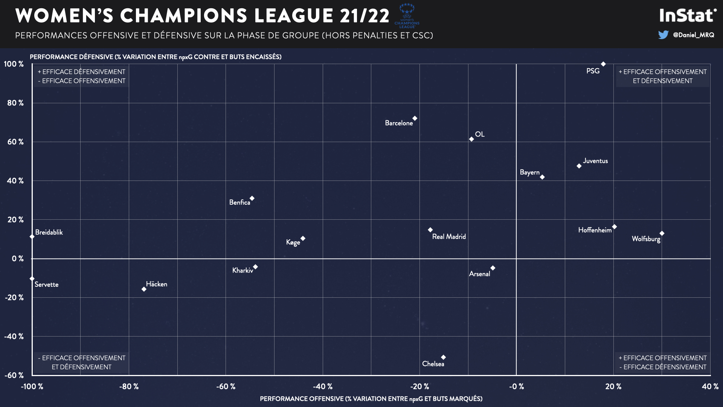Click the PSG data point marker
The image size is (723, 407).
pyautogui.click(x=603, y=64)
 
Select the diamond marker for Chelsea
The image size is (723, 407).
pyautogui.click(x=443, y=357)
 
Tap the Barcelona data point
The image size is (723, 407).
pyautogui.click(x=415, y=118)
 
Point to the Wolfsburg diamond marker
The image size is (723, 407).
pyautogui.click(x=662, y=233)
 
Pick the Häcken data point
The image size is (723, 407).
pyautogui.click(x=144, y=289)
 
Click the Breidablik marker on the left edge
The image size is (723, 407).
pyautogui.click(x=32, y=237)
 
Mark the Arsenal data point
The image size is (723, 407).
pyautogui.click(x=493, y=268)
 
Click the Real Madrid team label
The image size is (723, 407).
pyautogui.click(x=449, y=237)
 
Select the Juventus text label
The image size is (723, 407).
pyautogui.click(x=595, y=161)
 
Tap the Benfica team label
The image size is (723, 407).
pyautogui.click(x=239, y=202)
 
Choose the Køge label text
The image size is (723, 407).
pyautogui.click(x=293, y=242)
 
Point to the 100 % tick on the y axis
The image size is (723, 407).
pyautogui.click(x=14, y=64)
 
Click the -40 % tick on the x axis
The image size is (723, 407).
pyautogui.click(x=323, y=386)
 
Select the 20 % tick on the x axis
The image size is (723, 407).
pyautogui.click(x=613, y=386)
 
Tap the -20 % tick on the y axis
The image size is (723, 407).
pyautogui.click(x=14, y=297)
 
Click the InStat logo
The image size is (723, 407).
pyautogui.click(x=688, y=15)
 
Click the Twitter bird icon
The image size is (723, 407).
pyautogui.click(x=663, y=35)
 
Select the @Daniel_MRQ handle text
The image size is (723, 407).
pyautogui.click(x=693, y=35)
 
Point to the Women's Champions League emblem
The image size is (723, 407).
pyautogui.click(x=407, y=15)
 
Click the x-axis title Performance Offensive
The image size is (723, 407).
pyautogui.click(x=371, y=399)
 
